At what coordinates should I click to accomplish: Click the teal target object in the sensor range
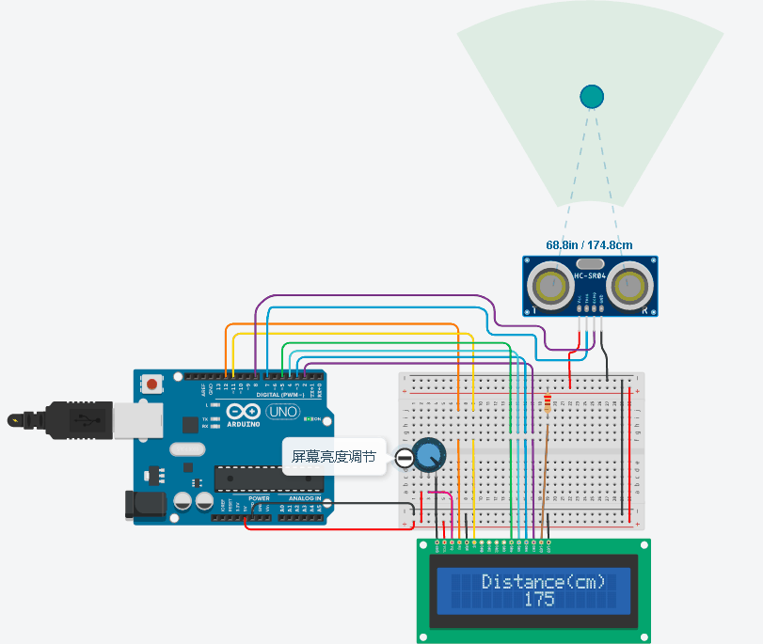click(x=592, y=96)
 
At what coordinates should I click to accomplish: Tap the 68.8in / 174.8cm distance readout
click(x=589, y=244)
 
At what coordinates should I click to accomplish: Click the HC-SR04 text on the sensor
click(x=590, y=275)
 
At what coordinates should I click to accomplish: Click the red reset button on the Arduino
click(x=151, y=384)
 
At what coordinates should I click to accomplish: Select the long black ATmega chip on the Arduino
click(x=267, y=479)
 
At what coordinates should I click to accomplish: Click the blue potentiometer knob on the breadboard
click(x=428, y=456)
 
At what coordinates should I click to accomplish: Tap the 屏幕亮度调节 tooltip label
click(x=333, y=457)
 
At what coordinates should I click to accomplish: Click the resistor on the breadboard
click(x=548, y=403)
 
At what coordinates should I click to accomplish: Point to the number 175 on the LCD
click(x=539, y=600)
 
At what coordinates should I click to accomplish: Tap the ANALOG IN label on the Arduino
click(x=304, y=498)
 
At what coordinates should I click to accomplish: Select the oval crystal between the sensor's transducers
click(x=589, y=265)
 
